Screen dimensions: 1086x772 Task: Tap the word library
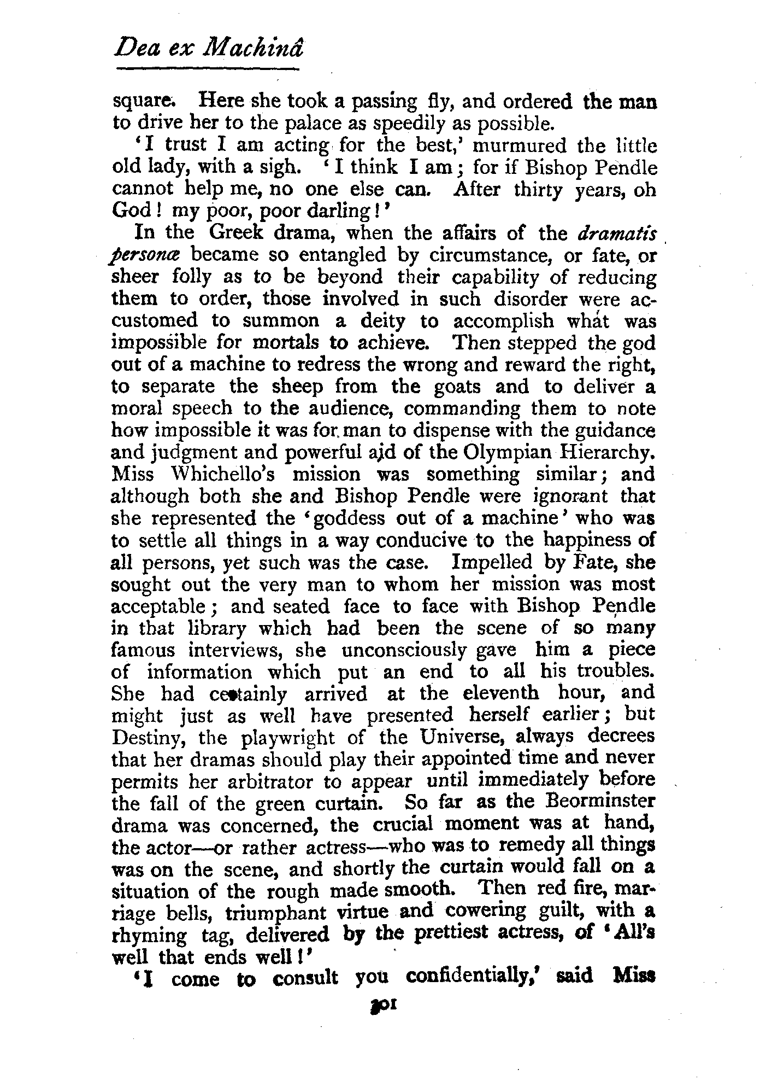click(216, 628)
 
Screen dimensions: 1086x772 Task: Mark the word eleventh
click(501, 693)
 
